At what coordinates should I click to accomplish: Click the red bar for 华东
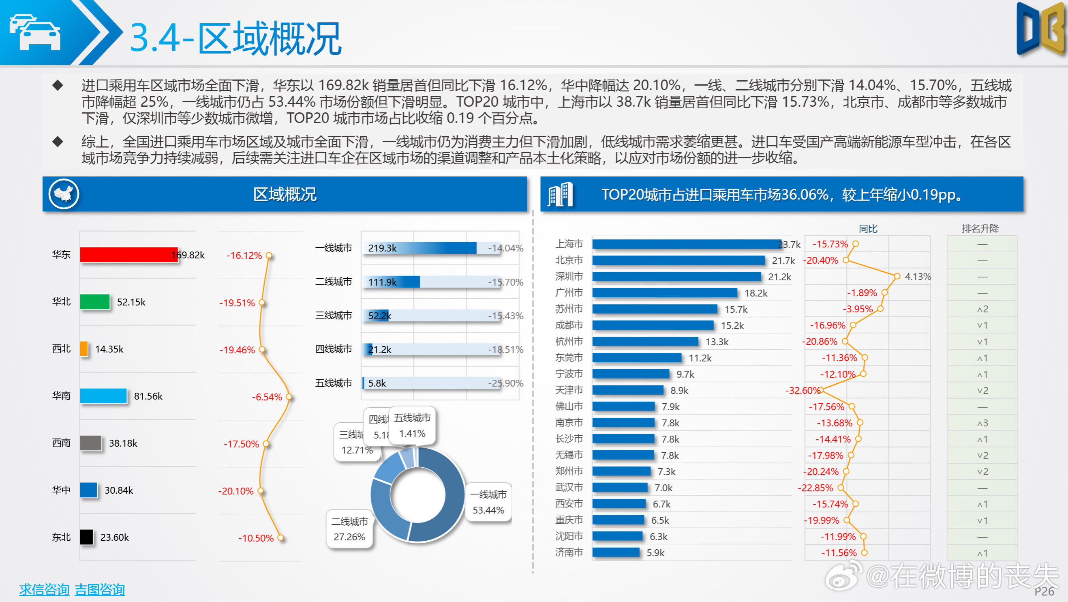point(128,255)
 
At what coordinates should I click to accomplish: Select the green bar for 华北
point(95,302)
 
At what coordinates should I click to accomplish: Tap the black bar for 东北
point(87,537)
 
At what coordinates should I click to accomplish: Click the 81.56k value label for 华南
point(148,396)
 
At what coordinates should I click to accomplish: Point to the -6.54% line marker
point(289,397)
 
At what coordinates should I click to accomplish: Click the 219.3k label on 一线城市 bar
point(382,248)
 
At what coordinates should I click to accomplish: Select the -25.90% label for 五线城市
point(505,383)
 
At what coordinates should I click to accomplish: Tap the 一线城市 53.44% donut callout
point(488,502)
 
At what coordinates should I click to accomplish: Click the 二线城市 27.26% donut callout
point(349,529)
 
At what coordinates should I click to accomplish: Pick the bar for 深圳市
point(676,276)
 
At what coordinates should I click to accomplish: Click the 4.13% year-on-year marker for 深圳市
point(897,276)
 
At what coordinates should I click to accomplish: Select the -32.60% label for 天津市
point(802,390)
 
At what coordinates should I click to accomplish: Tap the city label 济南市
point(569,552)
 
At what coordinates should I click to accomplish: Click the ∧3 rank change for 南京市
point(982,423)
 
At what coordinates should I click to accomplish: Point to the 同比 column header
point(868,229)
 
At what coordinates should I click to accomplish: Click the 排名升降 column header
point(980,228)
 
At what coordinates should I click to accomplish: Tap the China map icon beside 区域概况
point(64,194)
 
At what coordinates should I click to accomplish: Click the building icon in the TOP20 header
point(560,194)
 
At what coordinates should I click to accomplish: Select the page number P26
point(1044,591)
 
